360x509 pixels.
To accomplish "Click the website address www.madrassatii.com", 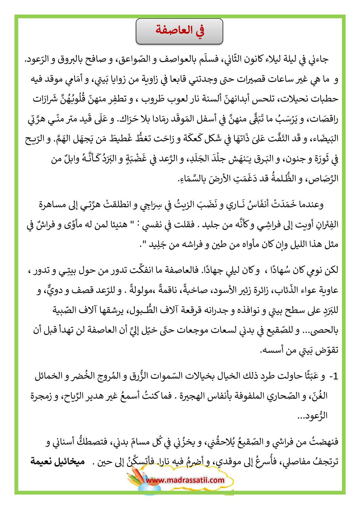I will click(x=185, y=480).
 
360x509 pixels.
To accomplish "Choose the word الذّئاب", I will click(x=283, y=290).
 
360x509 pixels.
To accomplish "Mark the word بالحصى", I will click(x=324, y=330).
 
